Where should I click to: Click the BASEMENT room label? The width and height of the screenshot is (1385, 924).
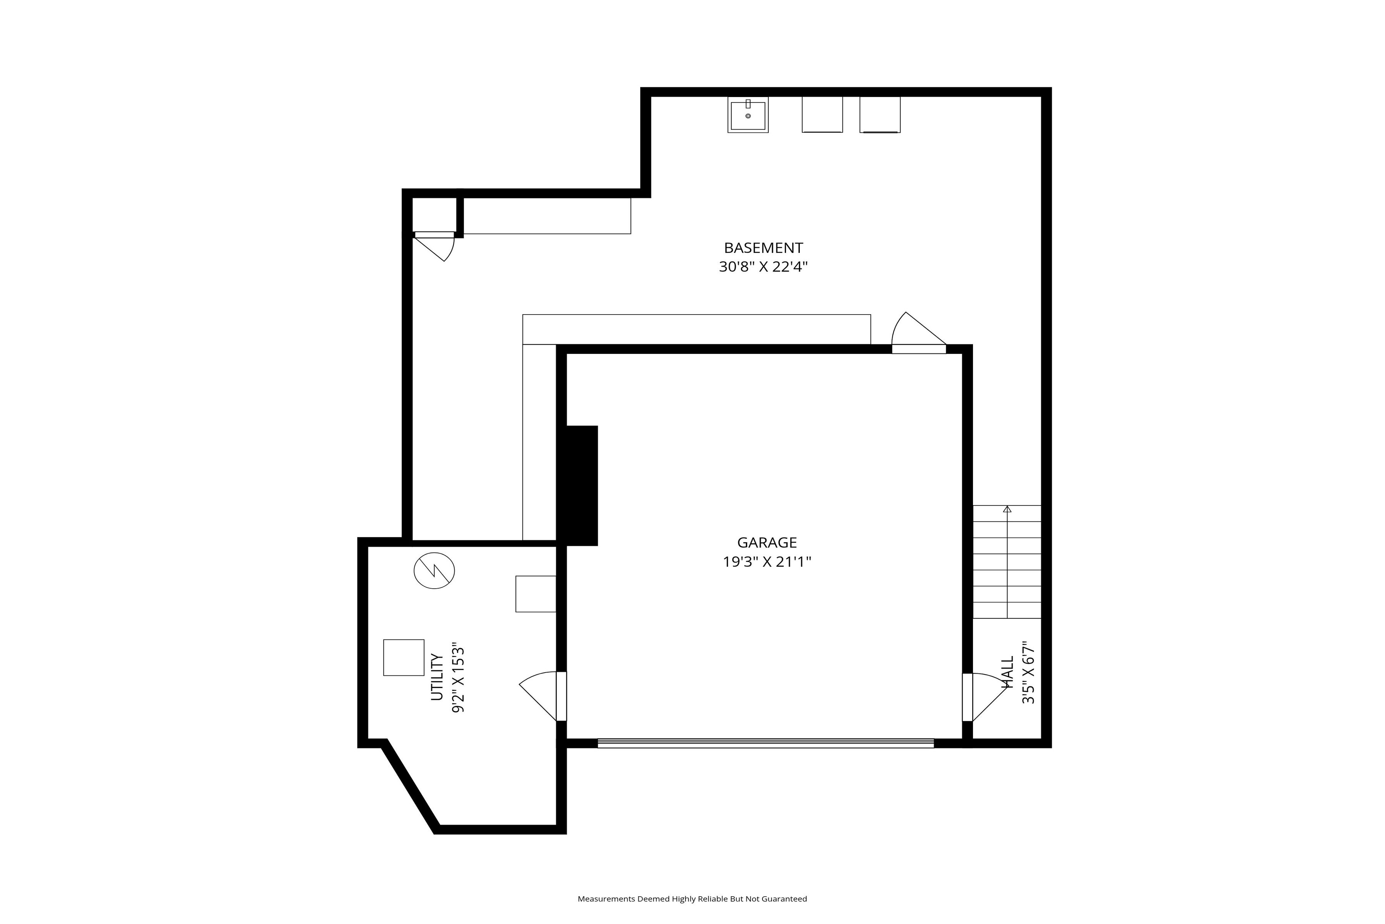click(x=763, y=248)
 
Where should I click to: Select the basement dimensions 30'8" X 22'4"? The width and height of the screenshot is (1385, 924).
click(x=763, y=267)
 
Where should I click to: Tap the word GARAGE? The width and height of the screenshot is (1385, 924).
click(x=767, y=543)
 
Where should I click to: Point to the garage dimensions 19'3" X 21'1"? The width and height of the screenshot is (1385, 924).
click(x=767, y=562)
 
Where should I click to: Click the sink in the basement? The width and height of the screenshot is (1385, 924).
click(x=748, y=115)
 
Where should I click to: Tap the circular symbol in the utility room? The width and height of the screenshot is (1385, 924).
click(x=434, y=571)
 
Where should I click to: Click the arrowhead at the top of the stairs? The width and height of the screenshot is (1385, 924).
click(x=1007, y=509)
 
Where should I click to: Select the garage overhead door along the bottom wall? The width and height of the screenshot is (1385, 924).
click(x=766, y=743)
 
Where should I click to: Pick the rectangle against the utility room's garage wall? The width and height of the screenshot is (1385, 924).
click(x=536, y=594)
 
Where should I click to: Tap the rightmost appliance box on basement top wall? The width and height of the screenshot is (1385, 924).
click(x=880, y=115)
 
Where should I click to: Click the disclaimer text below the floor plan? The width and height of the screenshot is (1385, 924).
click(x=692, y=899)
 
